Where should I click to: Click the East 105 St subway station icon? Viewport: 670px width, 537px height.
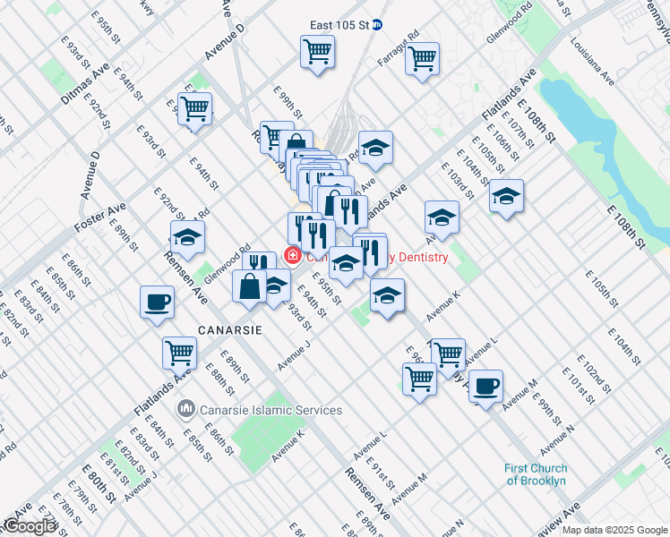point(377,24)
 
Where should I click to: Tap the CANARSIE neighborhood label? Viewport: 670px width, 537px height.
point(230,329)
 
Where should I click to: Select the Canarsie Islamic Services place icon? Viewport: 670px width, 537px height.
point(186,409)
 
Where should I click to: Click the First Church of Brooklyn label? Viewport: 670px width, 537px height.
point(535,474)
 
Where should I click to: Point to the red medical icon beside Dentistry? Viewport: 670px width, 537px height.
point(292,256)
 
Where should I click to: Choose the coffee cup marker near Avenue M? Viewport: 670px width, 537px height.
point(485,386)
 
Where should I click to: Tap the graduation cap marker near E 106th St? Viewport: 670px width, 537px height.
point(507,196)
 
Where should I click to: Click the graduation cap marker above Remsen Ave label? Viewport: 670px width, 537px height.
point(187,237)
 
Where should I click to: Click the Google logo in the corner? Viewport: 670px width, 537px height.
point(30,526)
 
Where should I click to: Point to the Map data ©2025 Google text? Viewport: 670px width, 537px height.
point(614,530)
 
